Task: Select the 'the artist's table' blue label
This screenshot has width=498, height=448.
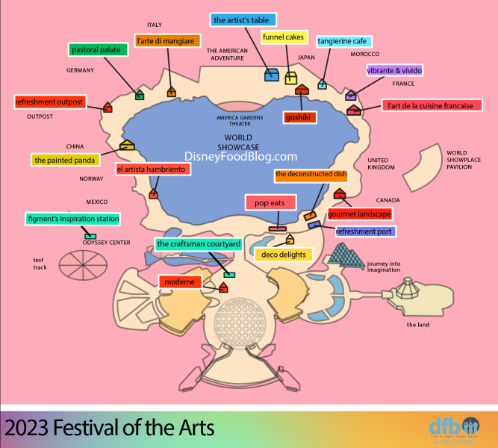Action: pyautogui.click(x=242, y=20)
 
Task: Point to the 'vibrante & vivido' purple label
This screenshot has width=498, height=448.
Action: pyautogui.click(x=394, y=71)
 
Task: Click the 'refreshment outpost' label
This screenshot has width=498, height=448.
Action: pyautogui.click(x=50, y=102)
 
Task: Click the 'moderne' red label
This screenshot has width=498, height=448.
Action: pyautogui.click(x=180, y=281)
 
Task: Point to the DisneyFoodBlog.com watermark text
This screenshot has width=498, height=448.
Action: pyautogui.click(x=241, y=157)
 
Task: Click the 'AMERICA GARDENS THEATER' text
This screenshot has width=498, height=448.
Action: pyautogui.click(x=239, y=121)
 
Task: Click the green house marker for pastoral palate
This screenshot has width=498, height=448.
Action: pyautogui.click(x=139, y=95)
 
